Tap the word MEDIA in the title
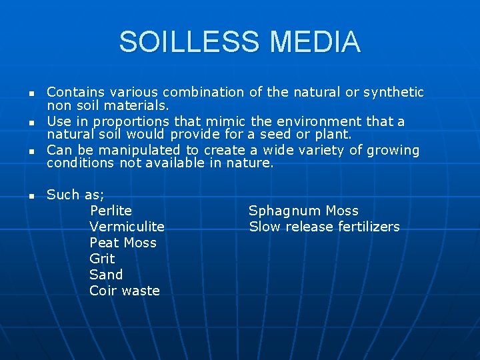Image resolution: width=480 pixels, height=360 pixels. (315, 42)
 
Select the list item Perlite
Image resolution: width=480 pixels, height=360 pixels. (111, 211)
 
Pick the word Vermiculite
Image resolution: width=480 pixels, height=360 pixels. (127, 227)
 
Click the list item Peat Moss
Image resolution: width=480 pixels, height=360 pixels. (123, 243)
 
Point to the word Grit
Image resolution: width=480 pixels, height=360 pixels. (102, 259)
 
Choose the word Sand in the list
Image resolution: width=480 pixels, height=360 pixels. (106, 275)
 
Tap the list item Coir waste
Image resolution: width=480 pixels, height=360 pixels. (125, 291)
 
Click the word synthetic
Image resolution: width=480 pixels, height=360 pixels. (393, 92)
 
